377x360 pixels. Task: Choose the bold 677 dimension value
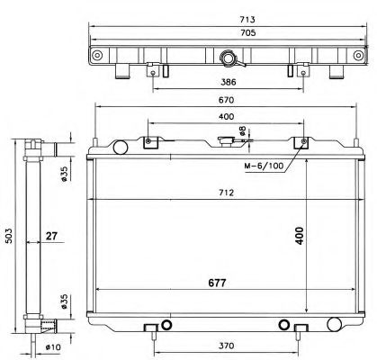point(215,283)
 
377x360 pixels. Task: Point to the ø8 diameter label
point(242,136)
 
